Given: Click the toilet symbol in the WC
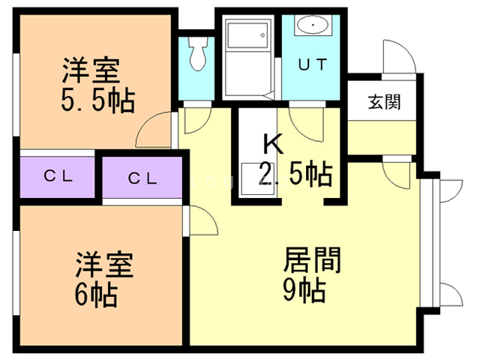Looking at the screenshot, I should pos(197,55).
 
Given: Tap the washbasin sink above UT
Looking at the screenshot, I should pos(310,25).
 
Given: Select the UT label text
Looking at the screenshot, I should pos(313,64).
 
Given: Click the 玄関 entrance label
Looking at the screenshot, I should pos(383,101).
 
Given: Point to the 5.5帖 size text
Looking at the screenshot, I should pos(97,100).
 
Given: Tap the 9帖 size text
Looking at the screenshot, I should pos(304,289).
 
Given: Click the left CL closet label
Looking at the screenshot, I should pos(57,177).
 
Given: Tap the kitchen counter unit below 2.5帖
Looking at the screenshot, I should pos(257,180).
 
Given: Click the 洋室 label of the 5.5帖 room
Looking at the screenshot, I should pos(90,73).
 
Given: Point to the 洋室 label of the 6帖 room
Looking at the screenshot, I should pos(104,266).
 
